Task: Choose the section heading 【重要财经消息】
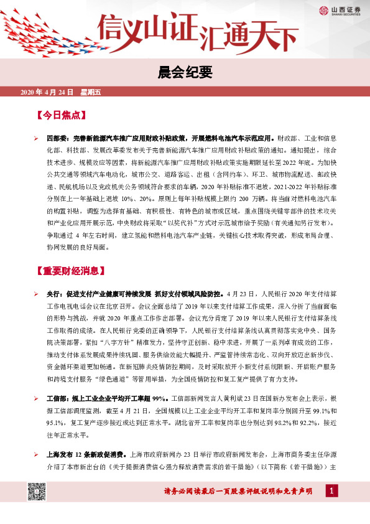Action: (76, 271)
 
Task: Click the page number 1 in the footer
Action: (332, 492)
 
